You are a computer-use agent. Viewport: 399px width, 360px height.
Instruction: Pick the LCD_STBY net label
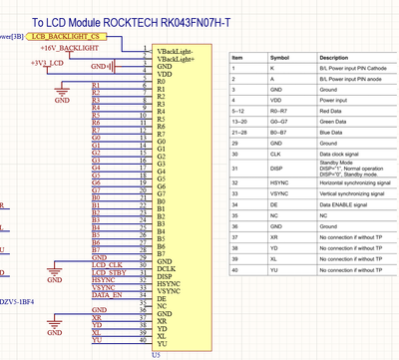(x=109, y=271)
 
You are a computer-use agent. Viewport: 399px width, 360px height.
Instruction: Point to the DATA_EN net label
(x=109, y=296)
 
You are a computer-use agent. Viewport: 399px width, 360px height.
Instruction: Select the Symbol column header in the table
(x=283, y=58)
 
